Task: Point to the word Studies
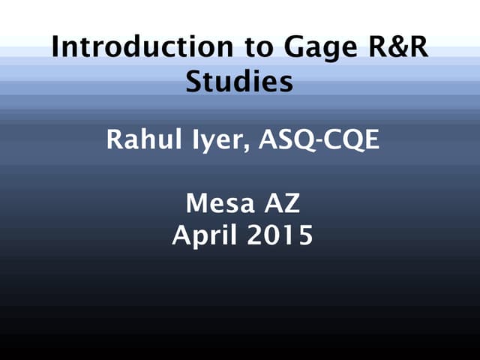(x=239, y=81)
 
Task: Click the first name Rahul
(x=139, y=139)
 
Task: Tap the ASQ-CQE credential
(x=319, y=140)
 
